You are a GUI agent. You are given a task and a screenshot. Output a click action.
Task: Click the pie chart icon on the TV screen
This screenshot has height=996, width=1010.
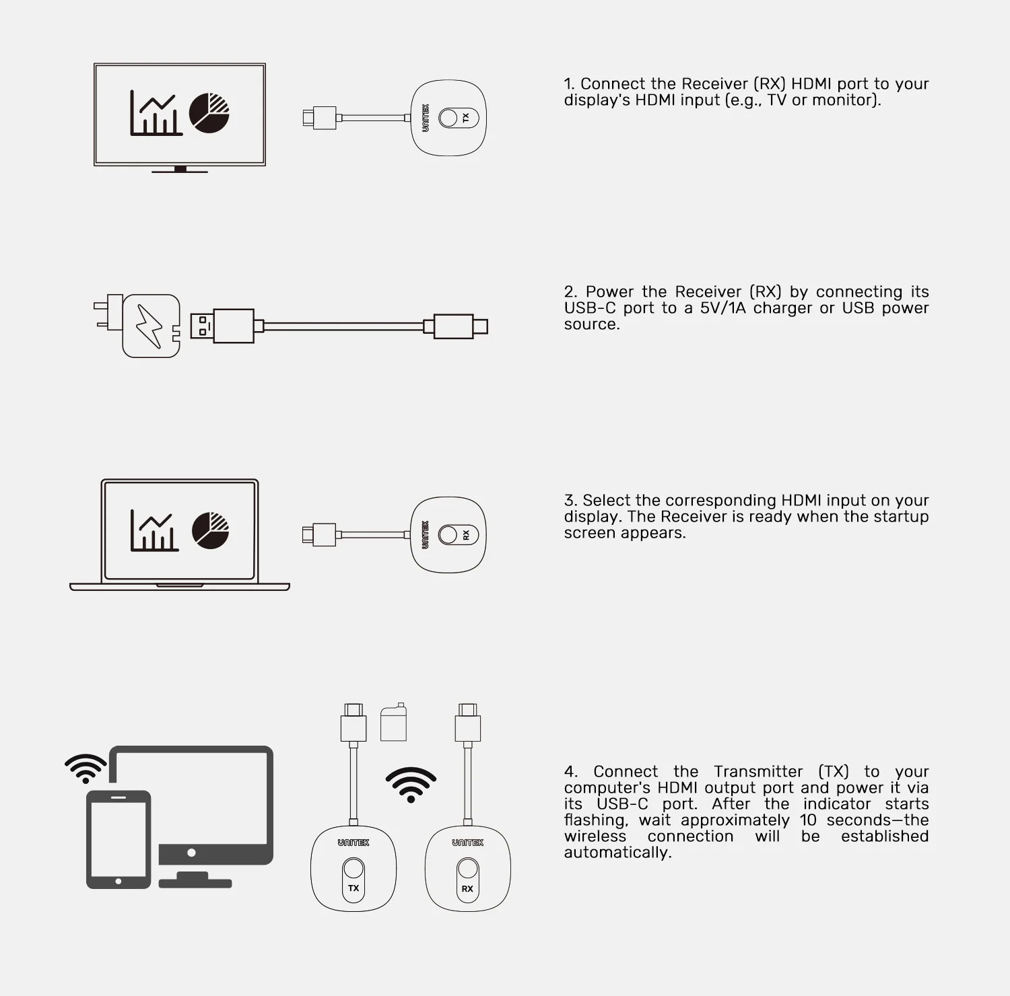pyautogui.click(x=209, y=113)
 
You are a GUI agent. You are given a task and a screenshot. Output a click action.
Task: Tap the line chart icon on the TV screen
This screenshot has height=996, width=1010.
pyautogui.click(x=156, y=113)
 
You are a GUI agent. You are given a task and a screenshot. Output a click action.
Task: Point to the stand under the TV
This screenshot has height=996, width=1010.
pyautogui.click(x=180, y=170)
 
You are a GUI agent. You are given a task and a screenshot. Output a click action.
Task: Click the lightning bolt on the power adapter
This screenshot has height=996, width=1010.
pyautogui.click(x=149, y=326)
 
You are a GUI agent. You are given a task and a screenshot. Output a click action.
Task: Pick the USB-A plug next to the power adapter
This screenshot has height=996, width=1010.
pyautogui.click(x=222, y=326)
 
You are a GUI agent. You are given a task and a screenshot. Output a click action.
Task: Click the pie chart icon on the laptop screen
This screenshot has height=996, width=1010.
pyautogui.click(x=211, y=530)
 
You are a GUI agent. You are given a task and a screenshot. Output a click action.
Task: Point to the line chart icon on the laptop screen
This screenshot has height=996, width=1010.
pyautogui.click(x=154, y=530)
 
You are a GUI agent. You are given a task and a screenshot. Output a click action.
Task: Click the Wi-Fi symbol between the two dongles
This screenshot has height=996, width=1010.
pyautogui.click(x=411, y=785)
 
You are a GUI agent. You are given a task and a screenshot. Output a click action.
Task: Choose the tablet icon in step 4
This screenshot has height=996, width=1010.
pyautogui.click(x=119, y=839)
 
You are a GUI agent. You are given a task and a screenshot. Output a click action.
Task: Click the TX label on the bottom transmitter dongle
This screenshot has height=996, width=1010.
pyautogui.click(x=353, y=888)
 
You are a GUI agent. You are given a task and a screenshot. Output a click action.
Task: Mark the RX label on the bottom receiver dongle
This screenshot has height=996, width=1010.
pyautogui.click(x=467, y=888)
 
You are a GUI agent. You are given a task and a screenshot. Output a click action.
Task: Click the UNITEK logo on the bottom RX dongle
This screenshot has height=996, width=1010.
pyautogui.click(x=468, y=843)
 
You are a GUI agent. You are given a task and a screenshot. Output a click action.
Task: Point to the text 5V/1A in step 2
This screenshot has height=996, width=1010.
pyautogui.click(x=722, y=308)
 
